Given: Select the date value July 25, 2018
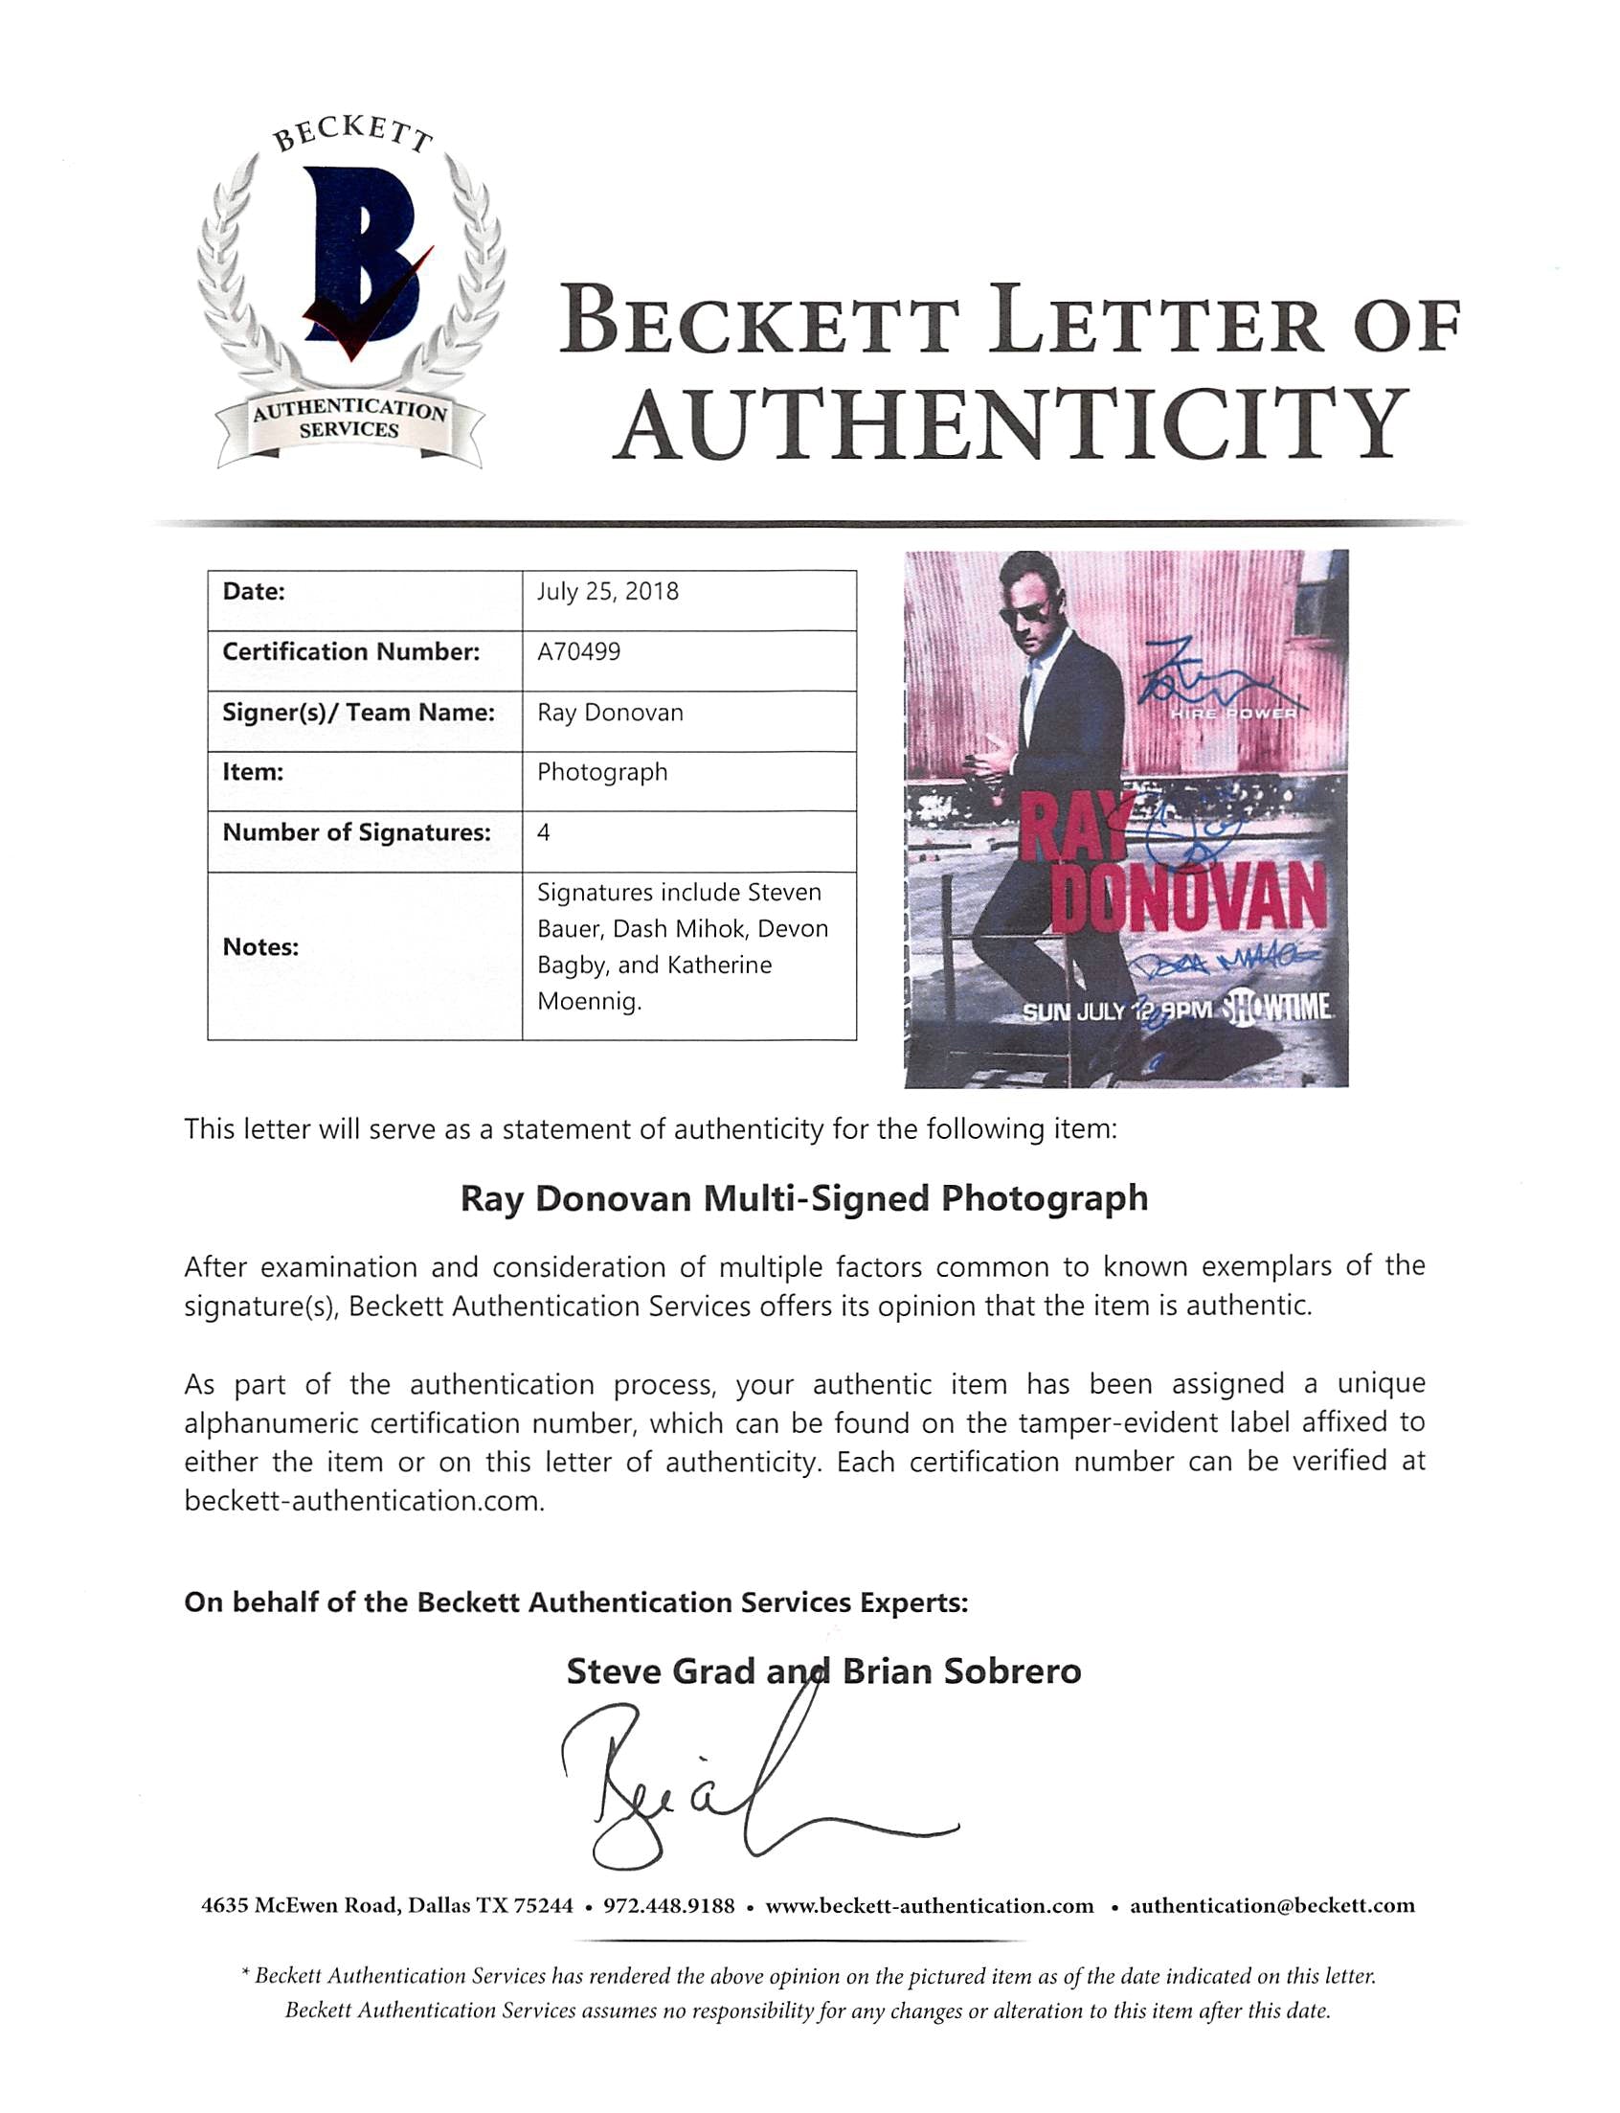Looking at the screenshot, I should coord(607,591).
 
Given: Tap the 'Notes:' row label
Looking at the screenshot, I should coord(260,947).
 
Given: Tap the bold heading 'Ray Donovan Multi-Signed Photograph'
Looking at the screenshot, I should coord(804,1199).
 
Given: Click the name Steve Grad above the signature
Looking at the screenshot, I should coord(661,1671).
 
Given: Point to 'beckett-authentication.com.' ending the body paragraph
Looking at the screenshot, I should coord(365,1501).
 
